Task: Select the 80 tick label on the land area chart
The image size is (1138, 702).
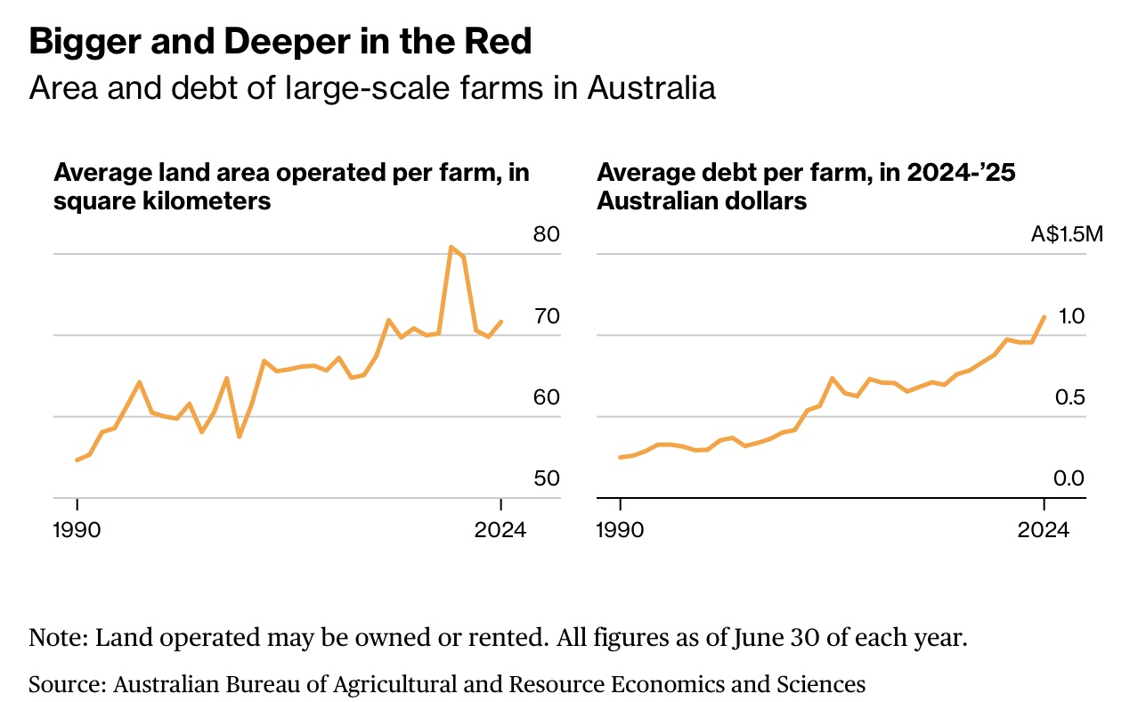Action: (x=546, y=235)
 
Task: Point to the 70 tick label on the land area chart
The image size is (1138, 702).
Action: (x=546, y=316)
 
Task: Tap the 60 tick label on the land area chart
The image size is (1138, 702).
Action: (x=546, y=397)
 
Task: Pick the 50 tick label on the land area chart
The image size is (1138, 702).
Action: (x=546, y=478)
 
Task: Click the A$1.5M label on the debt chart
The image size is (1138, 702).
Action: (x=1068, y=235)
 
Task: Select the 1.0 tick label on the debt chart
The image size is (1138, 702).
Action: (x=1071, y=316)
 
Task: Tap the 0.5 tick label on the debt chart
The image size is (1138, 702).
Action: (x=1071, y=397)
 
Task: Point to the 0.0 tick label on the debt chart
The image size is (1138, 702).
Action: (x=1070, y=478)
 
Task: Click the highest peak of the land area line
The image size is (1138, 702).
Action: (x=451, y=247)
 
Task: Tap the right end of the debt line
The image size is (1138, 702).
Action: (x=1044, y=316)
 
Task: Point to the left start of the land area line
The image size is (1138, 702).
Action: (x=77, y=460)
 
